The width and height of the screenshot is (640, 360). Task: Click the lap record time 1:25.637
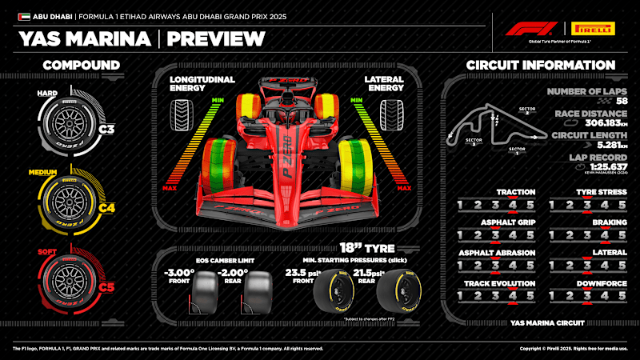[594, 166]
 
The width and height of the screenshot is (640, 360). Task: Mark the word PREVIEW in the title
[218, 38]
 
